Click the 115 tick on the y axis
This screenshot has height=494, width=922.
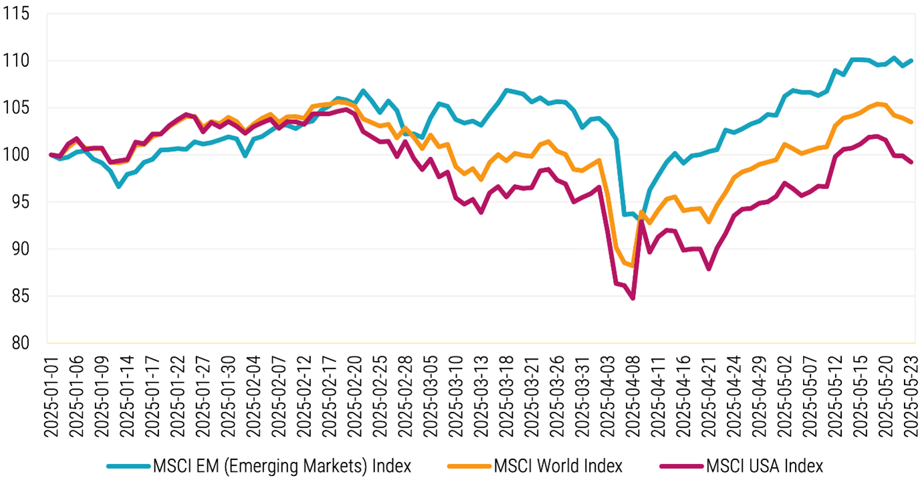click(20, 13)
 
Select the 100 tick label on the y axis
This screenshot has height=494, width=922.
click(20, 155)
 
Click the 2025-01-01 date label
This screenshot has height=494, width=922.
click(51, 395)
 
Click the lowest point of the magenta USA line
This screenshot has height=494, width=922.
click(632, 298)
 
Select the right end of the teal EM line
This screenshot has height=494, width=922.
click(912, 61)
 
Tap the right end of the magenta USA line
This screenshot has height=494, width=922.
click(912, 162)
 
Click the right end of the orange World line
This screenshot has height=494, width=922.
click(912, 122)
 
